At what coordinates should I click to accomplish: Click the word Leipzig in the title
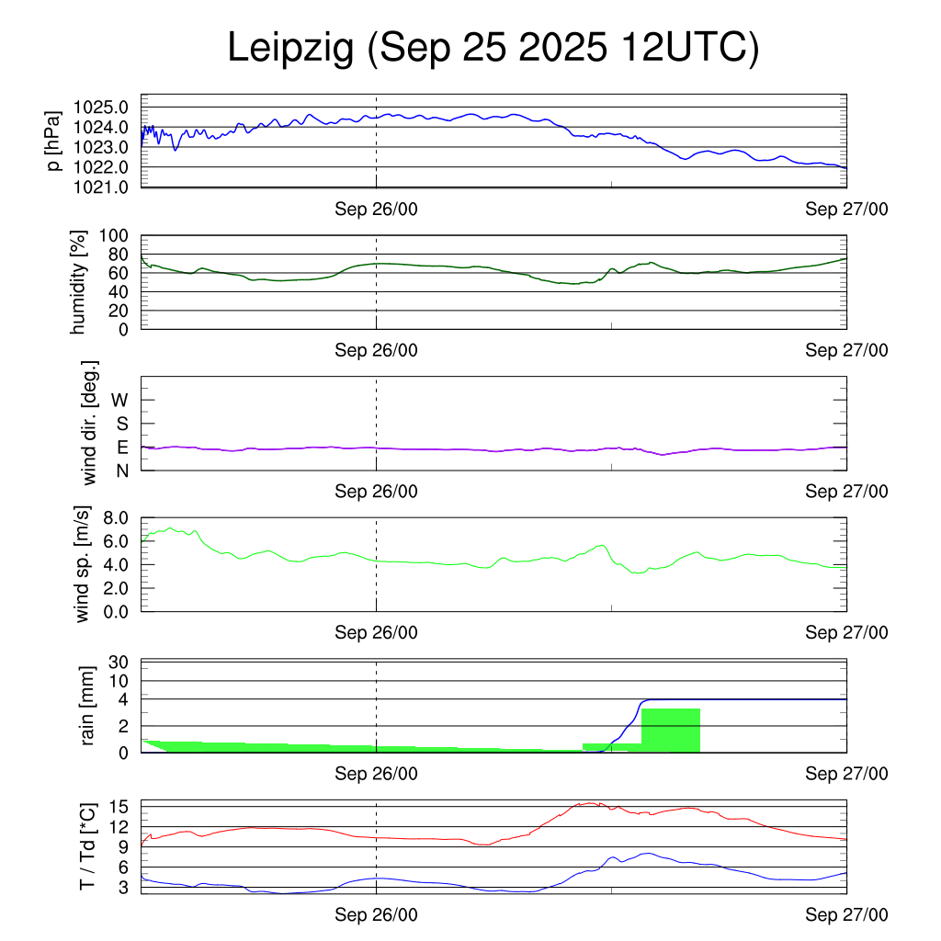point(290,49)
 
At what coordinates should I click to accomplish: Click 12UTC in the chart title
point(685,49)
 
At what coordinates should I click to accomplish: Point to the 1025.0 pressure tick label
point(102,107)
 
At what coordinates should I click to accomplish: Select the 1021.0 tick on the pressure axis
point(102,187)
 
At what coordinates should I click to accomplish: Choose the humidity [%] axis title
point(79,282)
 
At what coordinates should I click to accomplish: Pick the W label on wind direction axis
point(119,400)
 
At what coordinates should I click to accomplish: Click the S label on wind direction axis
point(120,424)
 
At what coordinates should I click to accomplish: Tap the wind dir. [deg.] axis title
point(90,423)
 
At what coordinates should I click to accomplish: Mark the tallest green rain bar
point(671,731)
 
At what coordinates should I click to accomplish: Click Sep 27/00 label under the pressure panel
point(846,210)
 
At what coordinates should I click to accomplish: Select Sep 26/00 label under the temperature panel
point(376,914)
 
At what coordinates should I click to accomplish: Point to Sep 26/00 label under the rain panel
point(376,774)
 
